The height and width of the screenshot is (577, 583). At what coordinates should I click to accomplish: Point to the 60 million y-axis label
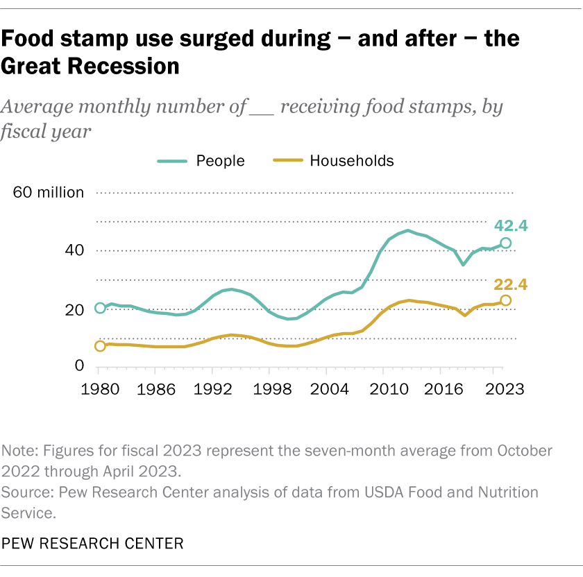[49, 193]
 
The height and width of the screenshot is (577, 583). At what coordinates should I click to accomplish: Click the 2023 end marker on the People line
[506, 243]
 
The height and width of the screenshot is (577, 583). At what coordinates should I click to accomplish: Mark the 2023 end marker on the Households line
[506, 300]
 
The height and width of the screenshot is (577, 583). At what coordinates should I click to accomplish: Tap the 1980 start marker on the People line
[100, 308]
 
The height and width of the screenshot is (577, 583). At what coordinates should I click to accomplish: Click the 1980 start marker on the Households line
[100, 346]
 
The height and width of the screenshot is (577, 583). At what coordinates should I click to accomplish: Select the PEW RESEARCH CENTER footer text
[93, 543]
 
